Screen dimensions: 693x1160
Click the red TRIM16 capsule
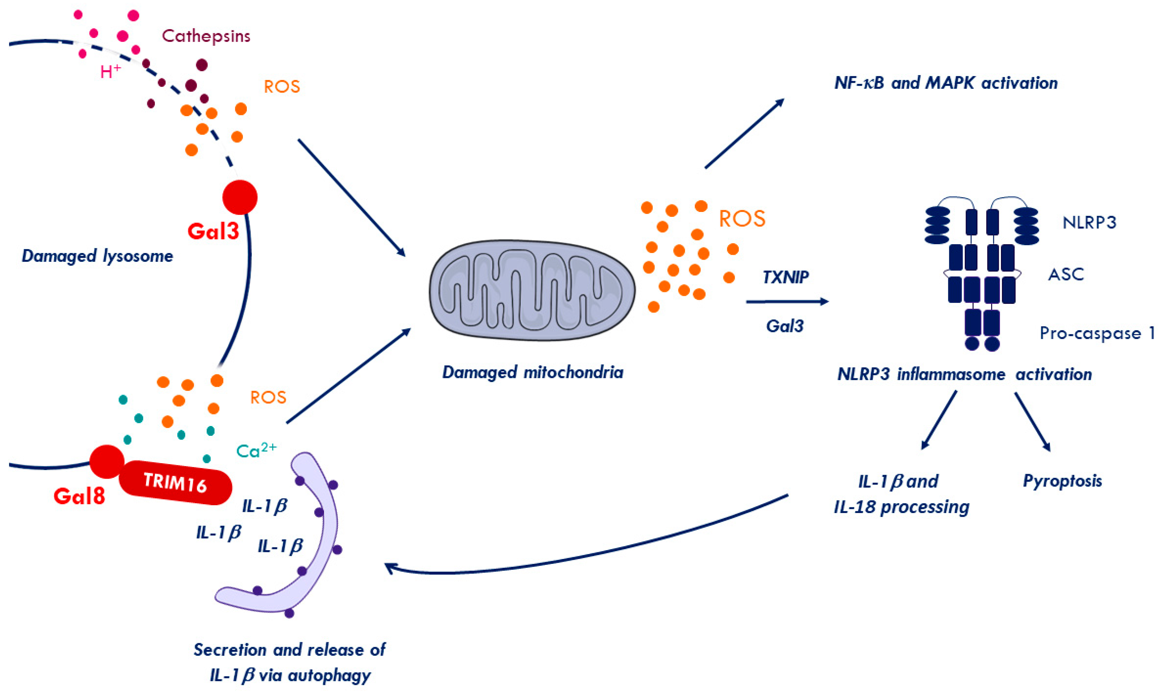tap(175, 482)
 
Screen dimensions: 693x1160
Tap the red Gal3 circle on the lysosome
tap(240, 197)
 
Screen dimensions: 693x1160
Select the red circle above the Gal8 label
tap(107, 461)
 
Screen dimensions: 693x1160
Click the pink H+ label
tap(110, 72)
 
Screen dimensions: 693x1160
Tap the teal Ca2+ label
tap(256, 451)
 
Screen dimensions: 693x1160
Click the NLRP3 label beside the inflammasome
tap(1089, 223)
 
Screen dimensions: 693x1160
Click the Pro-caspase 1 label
tap(1096, 333)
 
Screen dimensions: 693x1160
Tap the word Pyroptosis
tap(1062, 481)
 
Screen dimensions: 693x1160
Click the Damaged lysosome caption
tap(97, 256)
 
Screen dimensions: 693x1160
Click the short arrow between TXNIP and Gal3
tap(787, 302)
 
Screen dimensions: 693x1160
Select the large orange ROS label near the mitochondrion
tap(742, 219)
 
